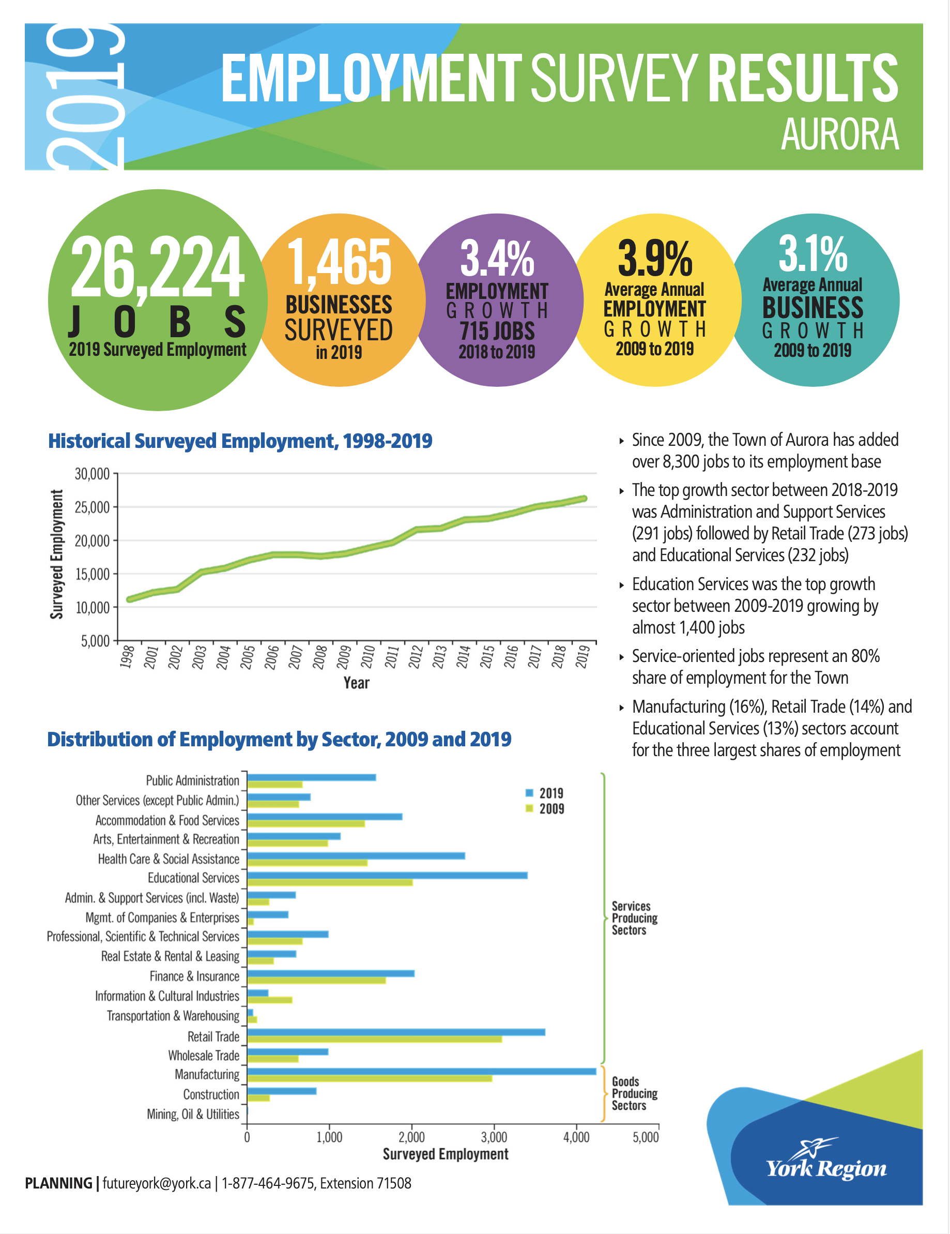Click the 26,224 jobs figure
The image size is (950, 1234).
point(158,267)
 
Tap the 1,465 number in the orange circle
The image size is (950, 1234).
point(340,262)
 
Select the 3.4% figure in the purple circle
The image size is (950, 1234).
point(497,258)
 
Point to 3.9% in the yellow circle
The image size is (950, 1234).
point(654,258)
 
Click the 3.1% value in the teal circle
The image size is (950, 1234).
point(813,254)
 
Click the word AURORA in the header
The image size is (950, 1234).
point(839,134)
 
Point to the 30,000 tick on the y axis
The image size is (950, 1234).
point(92,474)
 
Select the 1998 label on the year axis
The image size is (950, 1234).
point(128,656)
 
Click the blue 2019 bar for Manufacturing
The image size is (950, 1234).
point(421,1071)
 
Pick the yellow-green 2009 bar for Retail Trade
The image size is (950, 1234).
point(374,1039)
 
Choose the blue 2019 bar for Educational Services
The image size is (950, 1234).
point(388,875)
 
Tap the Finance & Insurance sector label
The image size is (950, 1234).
point(194,976)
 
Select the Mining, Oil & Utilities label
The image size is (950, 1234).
point(193,1113)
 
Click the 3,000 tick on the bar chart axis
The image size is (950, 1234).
point(494,1137)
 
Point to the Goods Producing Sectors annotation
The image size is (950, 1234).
point(634,1093)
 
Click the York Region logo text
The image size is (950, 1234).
point(826,1168)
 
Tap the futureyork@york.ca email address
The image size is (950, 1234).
point(157,1183)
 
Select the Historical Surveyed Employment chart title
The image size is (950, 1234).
point(240,441)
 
